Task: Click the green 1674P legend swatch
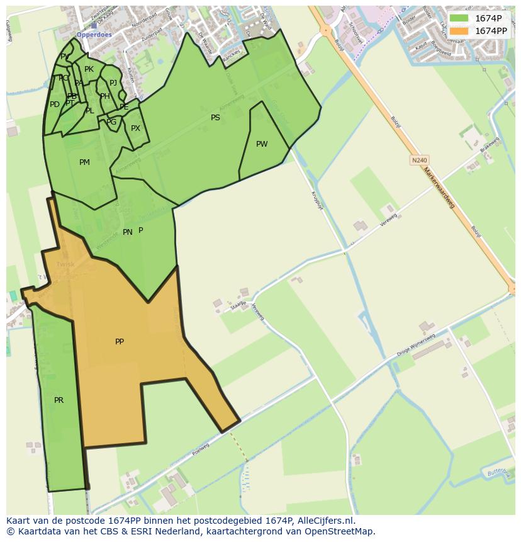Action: [459, 18]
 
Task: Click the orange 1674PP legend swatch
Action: [459, 31]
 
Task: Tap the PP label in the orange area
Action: [120, 342]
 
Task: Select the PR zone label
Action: [59, 400]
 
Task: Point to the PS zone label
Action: [215, 118]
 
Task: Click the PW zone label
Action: [262, 144]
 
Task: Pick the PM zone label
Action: [84, 162]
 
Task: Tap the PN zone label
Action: [127, 232]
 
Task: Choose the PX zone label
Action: [135, 128]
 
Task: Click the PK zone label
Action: [89, 69]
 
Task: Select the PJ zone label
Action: [113, 82]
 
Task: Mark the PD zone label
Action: [55, 104]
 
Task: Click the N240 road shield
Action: [419, 161]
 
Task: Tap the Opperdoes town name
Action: [94, 35]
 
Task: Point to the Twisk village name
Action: [65, 264]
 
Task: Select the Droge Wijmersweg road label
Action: [416, 345]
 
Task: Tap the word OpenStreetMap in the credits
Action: [340, 531]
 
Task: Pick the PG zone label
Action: [111, 122]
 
